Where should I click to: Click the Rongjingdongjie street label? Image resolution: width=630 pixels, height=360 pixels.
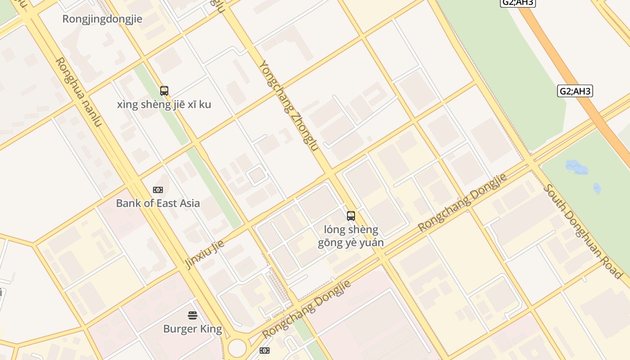click(x=102, y=19)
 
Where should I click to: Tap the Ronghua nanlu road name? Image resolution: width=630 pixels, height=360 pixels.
click(x=79, y=92)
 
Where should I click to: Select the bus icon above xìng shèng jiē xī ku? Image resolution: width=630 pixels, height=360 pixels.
click(x=164, y=91)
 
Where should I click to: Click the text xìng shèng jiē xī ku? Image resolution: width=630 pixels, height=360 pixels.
click(x=164, y=104)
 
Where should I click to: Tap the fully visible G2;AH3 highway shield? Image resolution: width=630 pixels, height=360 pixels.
click(x=575, y=91)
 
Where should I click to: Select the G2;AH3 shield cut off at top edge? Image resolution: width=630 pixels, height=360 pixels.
click(x=518, y=3)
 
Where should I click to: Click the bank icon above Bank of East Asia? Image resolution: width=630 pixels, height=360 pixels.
click(x=158, y=190)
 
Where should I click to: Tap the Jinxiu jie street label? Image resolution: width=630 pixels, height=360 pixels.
click(x=205, y=254)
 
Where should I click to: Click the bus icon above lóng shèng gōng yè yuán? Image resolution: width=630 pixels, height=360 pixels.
click(x=351, y=216)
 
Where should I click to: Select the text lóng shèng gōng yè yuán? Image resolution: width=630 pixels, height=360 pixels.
click(x=351, y=236)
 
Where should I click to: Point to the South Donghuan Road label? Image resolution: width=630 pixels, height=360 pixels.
click(x=583, y=231)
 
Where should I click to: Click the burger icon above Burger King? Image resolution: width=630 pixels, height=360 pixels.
click(x=193, y=315)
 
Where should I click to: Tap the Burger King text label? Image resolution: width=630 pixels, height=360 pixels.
click(x=193, y=329)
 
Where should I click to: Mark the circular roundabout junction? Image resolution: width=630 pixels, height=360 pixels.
click(x=237, y=348)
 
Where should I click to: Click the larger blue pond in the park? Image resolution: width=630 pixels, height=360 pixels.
click(x=576, y=167)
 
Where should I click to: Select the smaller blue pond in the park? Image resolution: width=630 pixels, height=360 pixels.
click(x=597, y=188)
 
